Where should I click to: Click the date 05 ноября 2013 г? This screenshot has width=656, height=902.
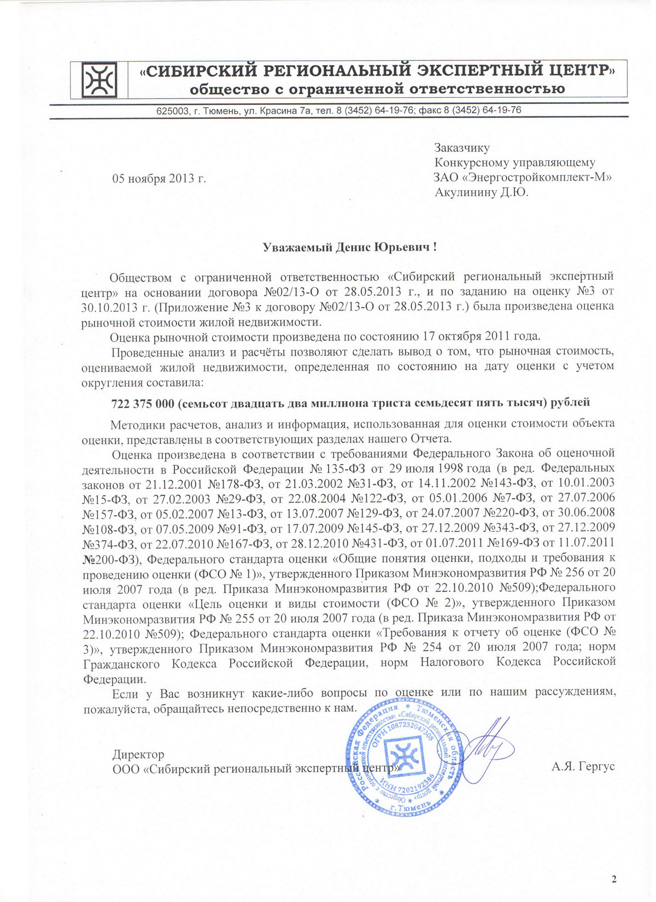[x=159, y=179]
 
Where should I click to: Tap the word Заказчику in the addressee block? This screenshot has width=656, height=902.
[x=462, y=148]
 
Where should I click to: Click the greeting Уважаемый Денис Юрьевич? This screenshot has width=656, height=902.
[x=350, y=247]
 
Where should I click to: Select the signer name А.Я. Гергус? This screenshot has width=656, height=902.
[x=583, y=766]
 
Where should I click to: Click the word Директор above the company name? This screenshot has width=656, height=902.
[x=138, y=754]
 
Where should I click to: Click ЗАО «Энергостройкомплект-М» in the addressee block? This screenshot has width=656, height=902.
[x=522, y=177]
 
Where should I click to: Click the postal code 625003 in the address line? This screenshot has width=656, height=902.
[x=172, y=110]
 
